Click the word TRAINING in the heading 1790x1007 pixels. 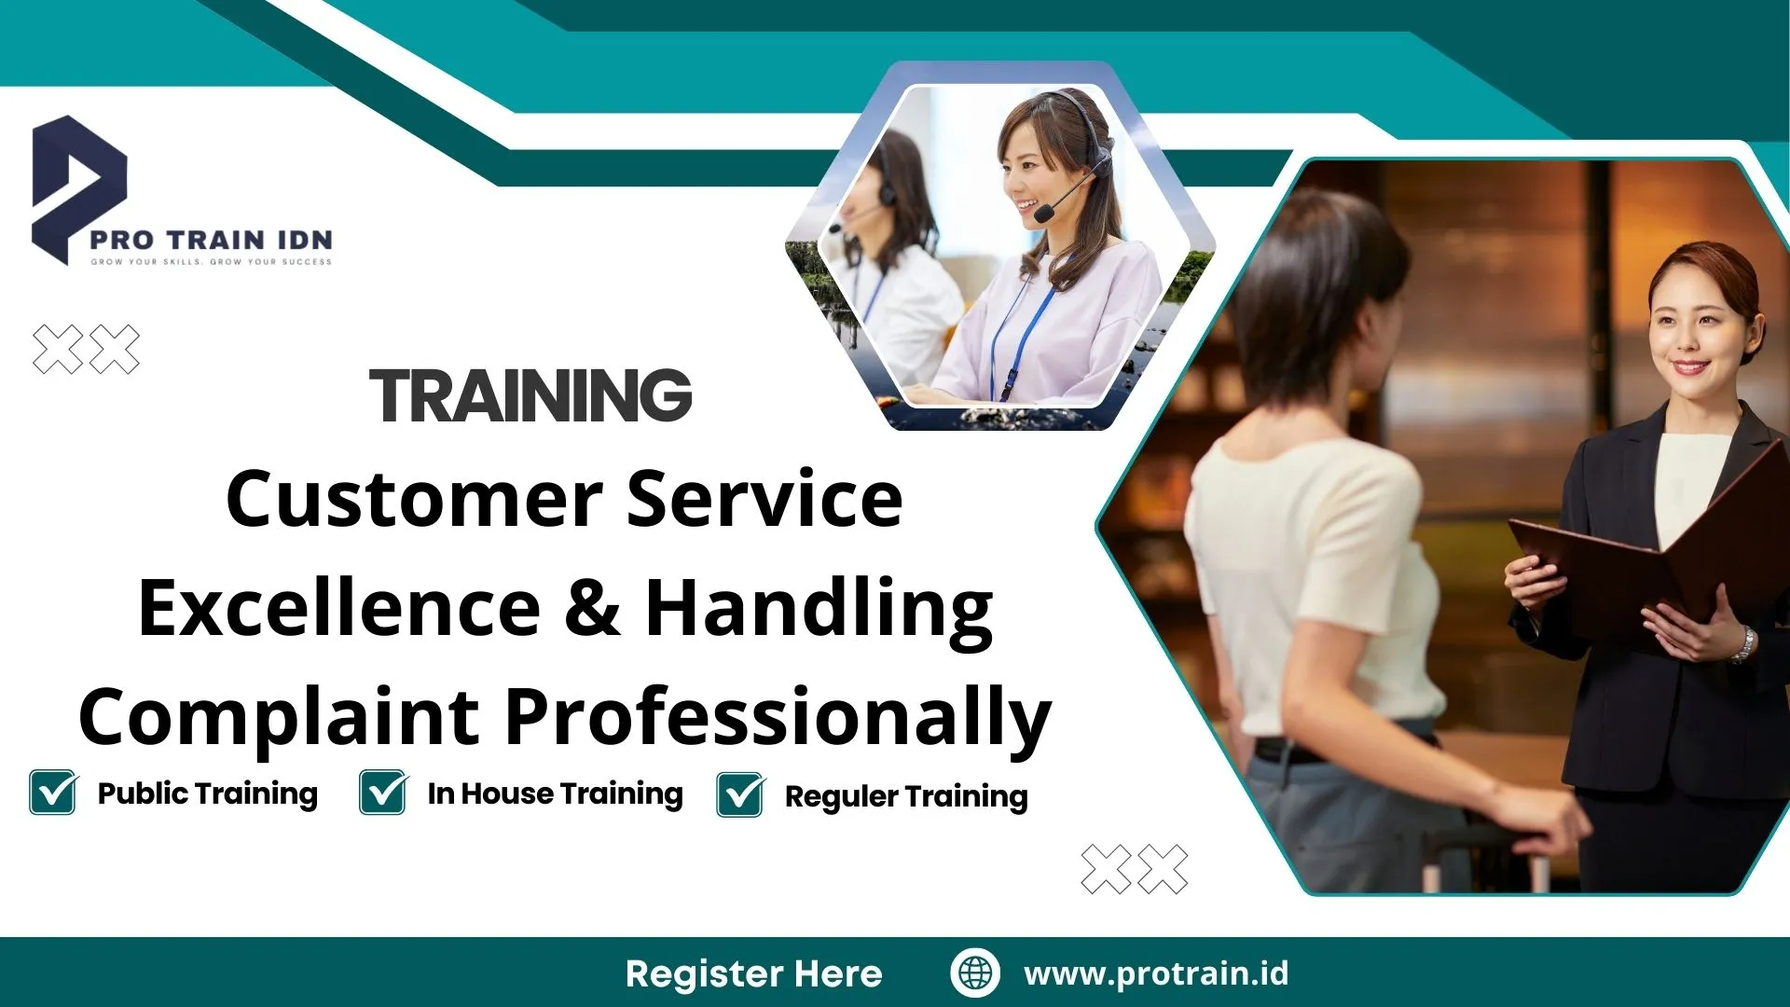coord(530,395)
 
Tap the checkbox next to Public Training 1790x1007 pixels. coord(52,793)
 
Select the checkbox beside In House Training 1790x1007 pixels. coord(382,793)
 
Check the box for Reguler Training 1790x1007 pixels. coord(740,795)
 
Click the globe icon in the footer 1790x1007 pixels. coord(975,973)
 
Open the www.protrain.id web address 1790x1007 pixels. coord(1156,973)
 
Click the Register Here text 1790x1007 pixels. coord(753,973)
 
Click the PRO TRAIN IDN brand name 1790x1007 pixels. coord(211,240)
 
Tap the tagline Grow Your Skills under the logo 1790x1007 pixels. coord(211,262)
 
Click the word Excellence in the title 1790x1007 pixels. coord(339,608)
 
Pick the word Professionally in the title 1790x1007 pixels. coord(778,716)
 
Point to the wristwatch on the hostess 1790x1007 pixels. coord(1742,643)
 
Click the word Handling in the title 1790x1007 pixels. coord(819,608)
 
